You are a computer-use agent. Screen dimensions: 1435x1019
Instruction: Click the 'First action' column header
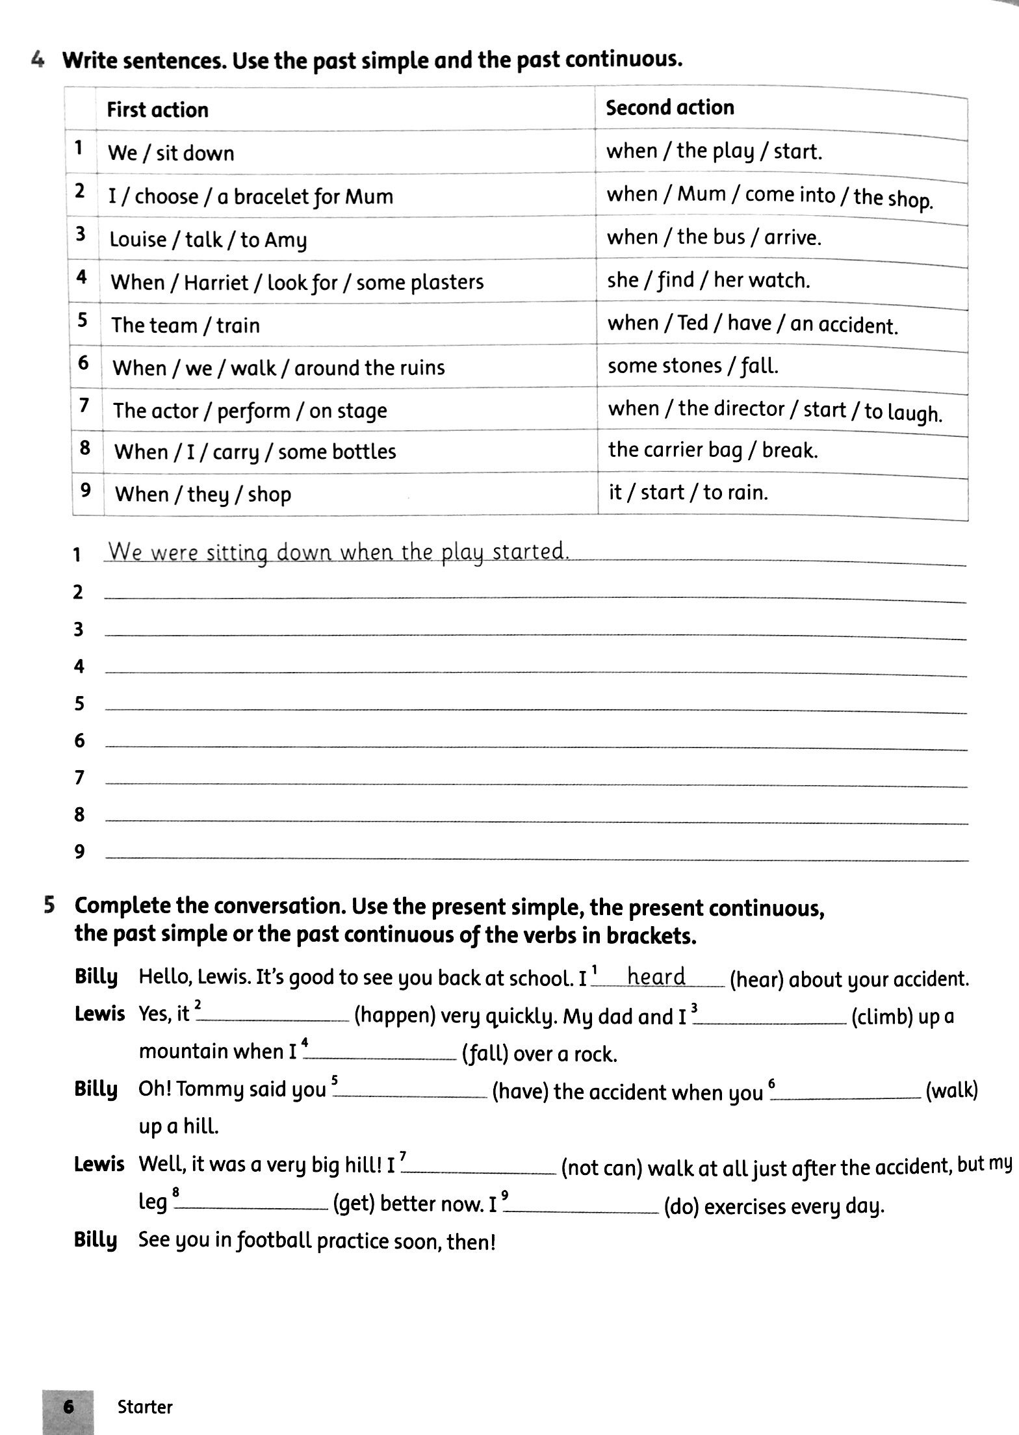[x=157, y=110]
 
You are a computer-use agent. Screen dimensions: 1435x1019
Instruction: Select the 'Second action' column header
[x=669, y=107]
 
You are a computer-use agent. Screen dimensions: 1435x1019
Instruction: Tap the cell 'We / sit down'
[x=171, y=153]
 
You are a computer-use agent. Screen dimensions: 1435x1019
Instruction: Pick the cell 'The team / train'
[x=185, y=325]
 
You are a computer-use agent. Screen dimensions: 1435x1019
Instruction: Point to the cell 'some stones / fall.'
[x=692, y=366]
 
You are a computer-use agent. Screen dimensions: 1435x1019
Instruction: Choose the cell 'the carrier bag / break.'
[x=713, y=450]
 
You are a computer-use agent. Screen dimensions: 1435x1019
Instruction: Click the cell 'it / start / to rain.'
[x=688, y=493]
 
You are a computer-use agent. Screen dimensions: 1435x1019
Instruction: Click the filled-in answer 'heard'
[x=656, y=977]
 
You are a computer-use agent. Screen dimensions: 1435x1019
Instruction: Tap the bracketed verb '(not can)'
[x=601, y=1168]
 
